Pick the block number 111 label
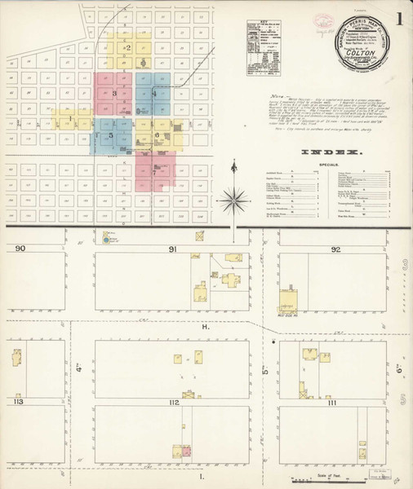(331, 403)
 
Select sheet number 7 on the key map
(153, 172)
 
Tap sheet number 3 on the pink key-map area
(115, 95)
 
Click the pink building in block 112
(186, 450)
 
